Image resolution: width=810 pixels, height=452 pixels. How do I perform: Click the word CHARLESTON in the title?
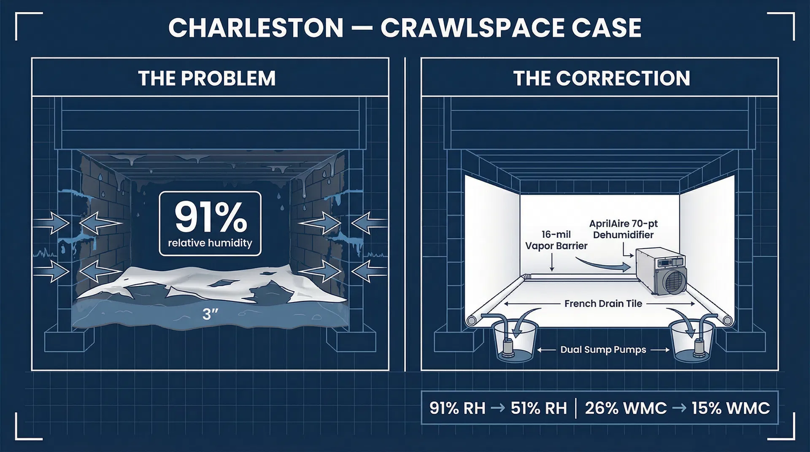click(x=256, y=28)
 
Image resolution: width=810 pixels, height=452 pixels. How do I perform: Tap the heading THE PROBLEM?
click(x=207, y=78)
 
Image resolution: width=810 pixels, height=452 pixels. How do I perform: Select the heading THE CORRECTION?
click(x=602, y=78)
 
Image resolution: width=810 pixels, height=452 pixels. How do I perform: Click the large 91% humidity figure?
click(x=211, y=217)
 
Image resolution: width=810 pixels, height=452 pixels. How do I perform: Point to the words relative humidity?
click(x=210, y=243)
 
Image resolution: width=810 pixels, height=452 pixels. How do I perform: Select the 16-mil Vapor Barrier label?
click(x=556, y=240)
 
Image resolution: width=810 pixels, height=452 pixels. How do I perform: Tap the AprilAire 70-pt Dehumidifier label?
click(x=623, y=229)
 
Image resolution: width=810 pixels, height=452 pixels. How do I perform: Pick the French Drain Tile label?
click(x=603, y=304)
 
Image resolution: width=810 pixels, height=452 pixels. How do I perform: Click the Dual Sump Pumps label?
click(x=603, y=350)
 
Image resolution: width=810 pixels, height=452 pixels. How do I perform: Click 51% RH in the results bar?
click(x=539, y=408)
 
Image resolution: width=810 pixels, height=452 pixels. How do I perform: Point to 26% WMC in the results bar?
click(x=626, y=408)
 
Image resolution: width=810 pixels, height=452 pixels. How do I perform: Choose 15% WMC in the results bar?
click(x=731, y=408)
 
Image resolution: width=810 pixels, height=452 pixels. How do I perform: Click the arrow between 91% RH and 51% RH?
click(x=498, y=408)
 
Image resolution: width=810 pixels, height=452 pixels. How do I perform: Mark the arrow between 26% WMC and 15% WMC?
click(x=679, y=408)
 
